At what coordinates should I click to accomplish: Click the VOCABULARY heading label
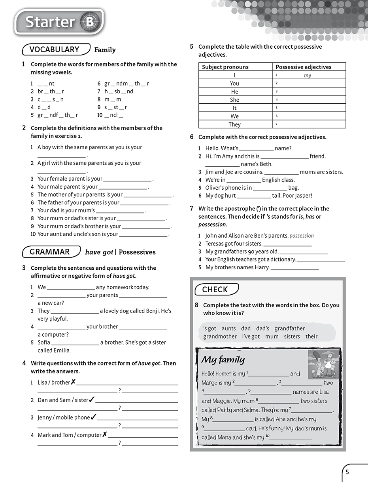(55, 50)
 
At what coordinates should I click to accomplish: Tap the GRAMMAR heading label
(50, 252)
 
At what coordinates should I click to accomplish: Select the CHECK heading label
(215, 290)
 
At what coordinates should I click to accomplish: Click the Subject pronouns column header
(225, 67)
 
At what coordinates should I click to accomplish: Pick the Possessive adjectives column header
(304, 67)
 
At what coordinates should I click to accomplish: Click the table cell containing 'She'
(235, 100)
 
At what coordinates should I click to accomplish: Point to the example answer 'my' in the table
(308, 75)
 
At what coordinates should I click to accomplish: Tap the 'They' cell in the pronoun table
(235, 124)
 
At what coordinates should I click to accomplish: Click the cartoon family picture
(324, 364)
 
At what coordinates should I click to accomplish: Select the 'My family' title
(223, 360)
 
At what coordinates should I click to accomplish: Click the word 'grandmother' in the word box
(220, 336)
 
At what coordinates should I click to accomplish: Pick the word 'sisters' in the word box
(292, 336)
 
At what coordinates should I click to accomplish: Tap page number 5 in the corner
(347, 472)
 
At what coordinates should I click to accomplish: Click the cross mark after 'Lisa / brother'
(73, 382)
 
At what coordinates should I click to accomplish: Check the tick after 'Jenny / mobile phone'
(94, 417)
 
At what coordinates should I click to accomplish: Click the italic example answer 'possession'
(302, 236)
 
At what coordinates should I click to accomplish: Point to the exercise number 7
(192, 208)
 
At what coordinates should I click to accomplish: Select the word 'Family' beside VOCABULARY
(105, 50)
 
